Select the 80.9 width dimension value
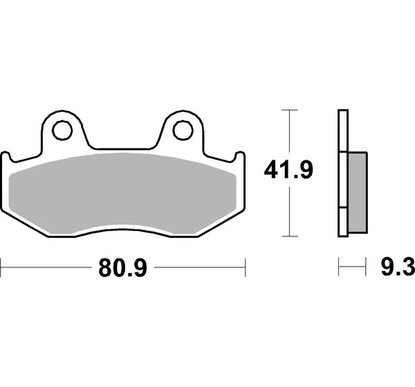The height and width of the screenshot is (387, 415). point(122,267)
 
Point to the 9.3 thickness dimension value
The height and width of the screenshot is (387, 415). point(398,267)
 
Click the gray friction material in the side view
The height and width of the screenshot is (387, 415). point(358,193)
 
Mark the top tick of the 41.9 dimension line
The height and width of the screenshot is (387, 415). point(290,110)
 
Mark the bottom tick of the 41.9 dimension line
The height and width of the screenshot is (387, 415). point(290,236)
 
